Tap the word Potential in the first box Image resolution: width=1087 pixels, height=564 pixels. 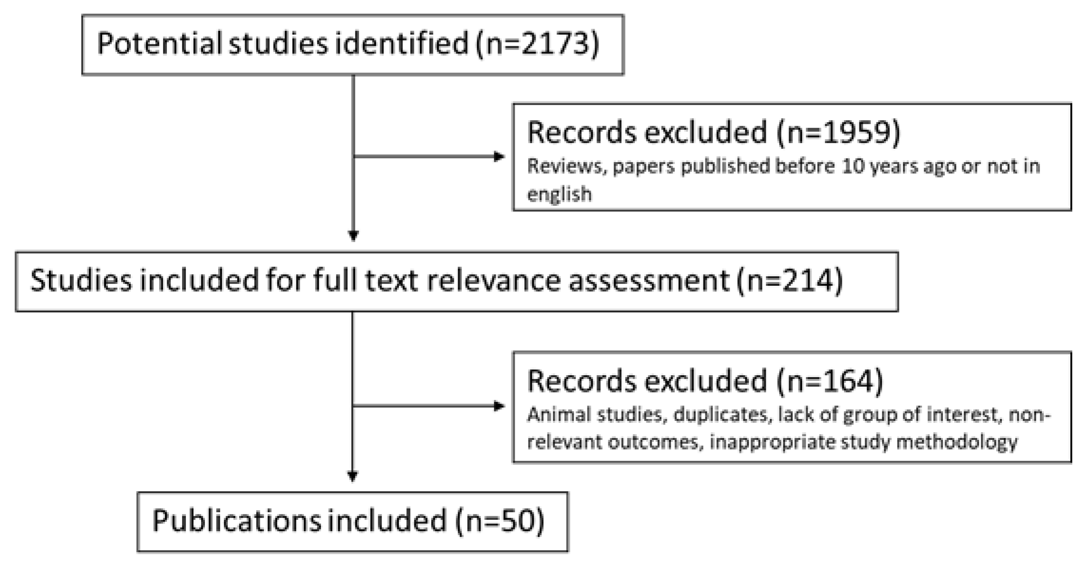(159, 44)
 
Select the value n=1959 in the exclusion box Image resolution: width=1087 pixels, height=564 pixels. (838, 132)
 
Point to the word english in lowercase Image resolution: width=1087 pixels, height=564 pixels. (559, 194)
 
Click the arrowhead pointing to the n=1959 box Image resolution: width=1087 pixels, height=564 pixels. (499, 156)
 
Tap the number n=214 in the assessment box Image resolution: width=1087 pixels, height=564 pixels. (789, 281)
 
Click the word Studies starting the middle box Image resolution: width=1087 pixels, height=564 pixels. (81, 281)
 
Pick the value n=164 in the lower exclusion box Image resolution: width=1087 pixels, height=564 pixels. (829, 381)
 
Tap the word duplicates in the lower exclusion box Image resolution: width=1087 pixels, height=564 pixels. (720, 415)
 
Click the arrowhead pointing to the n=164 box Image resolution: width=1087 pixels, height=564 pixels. (499, 406)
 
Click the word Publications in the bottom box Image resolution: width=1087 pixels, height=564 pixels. (237, 521)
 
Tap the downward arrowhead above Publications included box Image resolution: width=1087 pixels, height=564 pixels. (353, 476)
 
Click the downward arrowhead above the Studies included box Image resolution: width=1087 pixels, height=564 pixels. (353, 235)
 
